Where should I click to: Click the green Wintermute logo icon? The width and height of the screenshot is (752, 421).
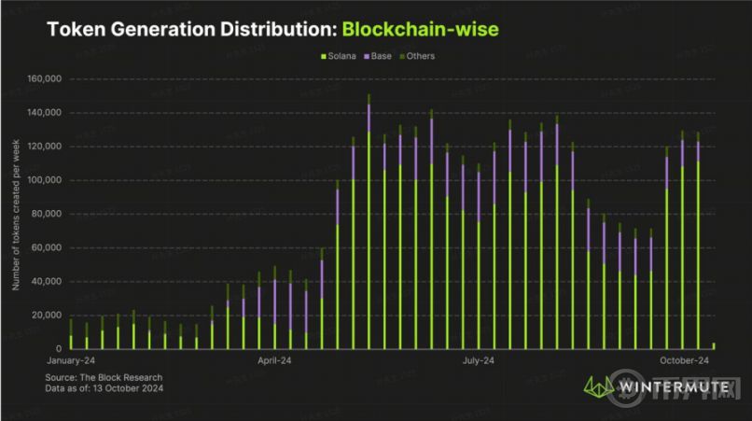coord(596,385)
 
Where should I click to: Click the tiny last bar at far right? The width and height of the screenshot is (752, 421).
coord(714,345)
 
